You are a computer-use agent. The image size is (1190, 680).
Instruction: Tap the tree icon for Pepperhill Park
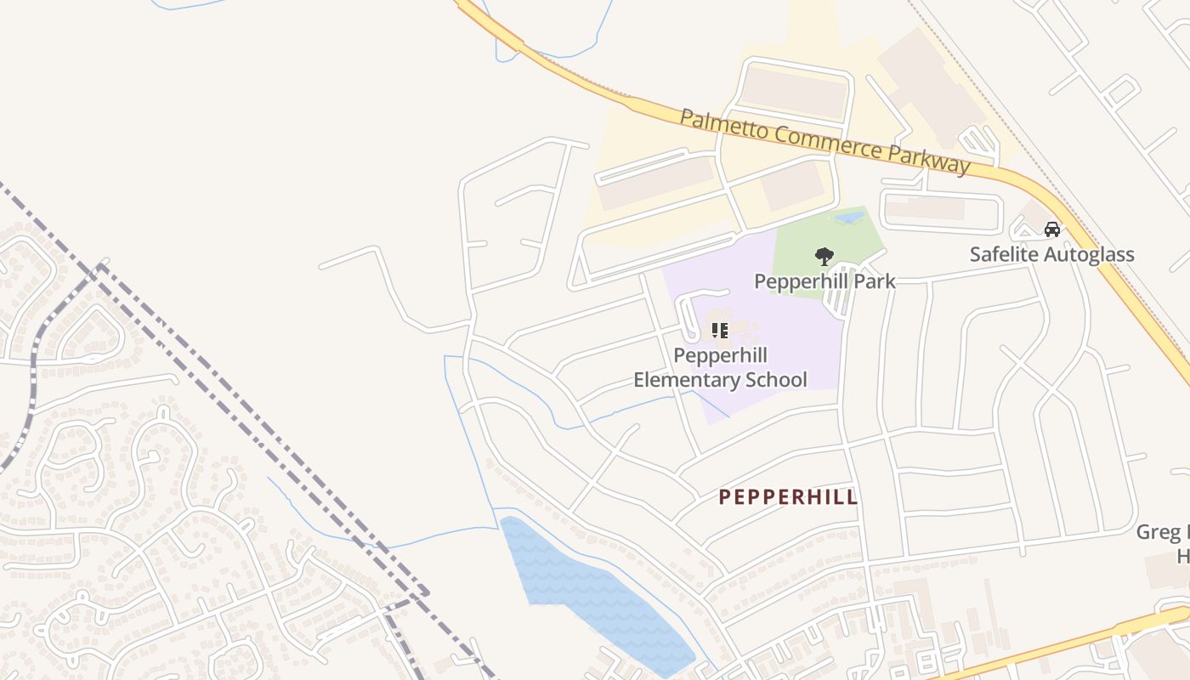[x=824, y=256]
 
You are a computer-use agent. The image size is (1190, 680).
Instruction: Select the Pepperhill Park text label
[x=824, y=280]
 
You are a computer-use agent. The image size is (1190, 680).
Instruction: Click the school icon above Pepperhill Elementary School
[x=720, y=330]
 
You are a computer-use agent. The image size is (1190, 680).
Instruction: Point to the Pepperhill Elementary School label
[x=720, y=367]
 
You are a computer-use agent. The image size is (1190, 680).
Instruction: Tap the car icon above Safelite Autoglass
[x=1051, y=229]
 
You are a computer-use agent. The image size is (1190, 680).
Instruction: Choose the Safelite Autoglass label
[x=1051, y=254]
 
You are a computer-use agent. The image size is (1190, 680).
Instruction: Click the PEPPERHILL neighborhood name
[x=788, y=497]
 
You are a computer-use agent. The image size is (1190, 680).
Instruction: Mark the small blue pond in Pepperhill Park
[x=849, y=218]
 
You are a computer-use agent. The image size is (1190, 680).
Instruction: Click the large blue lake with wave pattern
[x=595, y=586]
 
